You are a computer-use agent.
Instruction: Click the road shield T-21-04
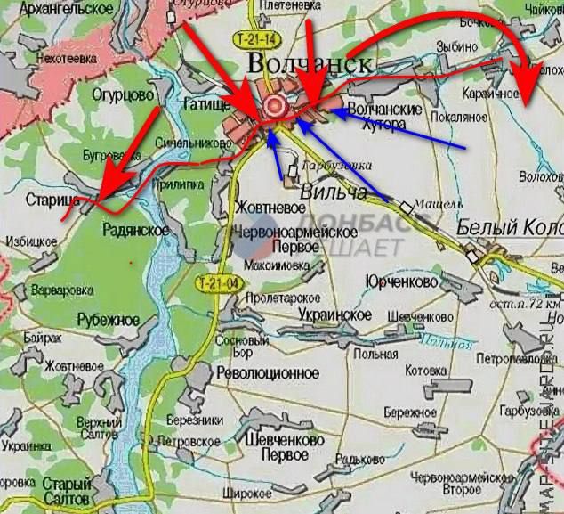[x=218, y=283]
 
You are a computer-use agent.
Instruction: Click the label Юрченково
[x=403, y=281]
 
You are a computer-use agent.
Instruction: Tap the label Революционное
[x=268, y=373]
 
